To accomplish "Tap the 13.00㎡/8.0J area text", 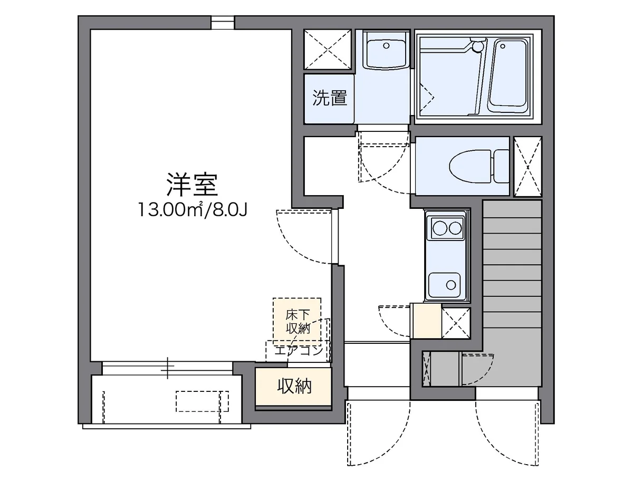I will coord(193,210).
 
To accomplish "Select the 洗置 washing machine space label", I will coord(330,98).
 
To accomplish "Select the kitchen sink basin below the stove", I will coord(446,285).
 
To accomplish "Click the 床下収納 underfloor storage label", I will coord(296,321).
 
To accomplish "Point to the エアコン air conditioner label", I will coord(298,350).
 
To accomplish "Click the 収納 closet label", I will coord(294,387).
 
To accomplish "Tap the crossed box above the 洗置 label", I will coord(328,50).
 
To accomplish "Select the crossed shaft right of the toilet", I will coord(527,166).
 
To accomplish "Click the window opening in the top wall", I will coord(223,22).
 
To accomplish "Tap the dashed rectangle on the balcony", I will coord(202,401).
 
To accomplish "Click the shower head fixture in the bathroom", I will coord(477,46).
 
